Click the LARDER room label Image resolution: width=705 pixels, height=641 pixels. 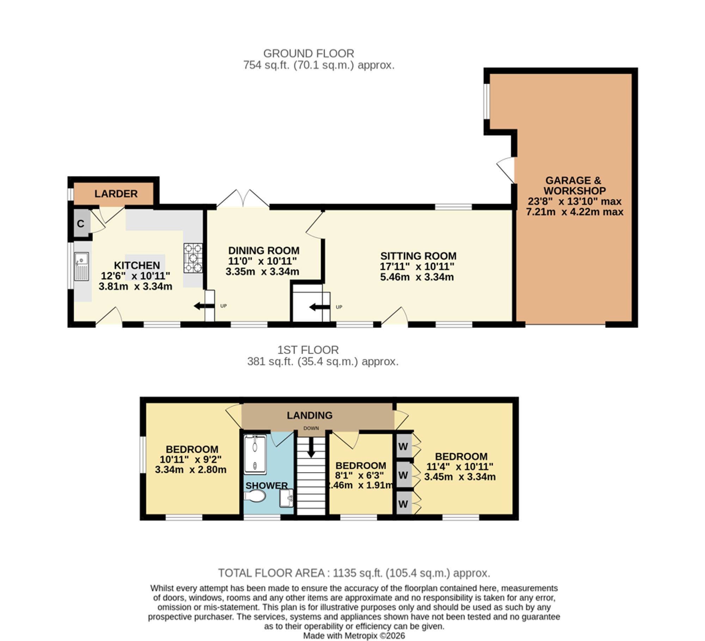click(116, 194)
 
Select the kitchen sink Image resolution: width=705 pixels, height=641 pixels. click(81, 266)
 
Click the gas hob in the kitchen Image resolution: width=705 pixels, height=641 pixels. click(193, 258)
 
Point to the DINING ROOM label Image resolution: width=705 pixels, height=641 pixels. click(264, 251)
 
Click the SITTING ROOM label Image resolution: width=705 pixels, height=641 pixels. click(418, 256)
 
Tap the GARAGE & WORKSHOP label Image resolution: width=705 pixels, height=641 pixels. click(575, 185)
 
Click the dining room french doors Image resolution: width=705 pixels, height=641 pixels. click(243, 198)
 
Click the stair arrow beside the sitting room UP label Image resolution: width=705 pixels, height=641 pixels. click(319, 307)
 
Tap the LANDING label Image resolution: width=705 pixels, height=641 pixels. click(309, 415)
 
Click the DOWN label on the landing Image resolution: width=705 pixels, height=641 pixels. click(311, 428)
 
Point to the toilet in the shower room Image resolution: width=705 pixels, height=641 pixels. click(255, 497)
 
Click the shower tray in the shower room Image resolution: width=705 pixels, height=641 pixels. click(255, 454)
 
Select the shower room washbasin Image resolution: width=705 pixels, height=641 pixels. click(286, 498)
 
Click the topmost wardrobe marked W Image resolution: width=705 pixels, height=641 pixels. click(403, 446)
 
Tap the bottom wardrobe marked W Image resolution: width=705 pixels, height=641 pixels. click(403, 503)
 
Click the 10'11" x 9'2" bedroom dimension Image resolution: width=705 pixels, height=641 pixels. click(190, 459)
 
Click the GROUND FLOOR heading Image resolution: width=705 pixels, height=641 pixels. click(308, 54)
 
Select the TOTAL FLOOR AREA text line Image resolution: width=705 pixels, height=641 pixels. click(354, 573)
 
